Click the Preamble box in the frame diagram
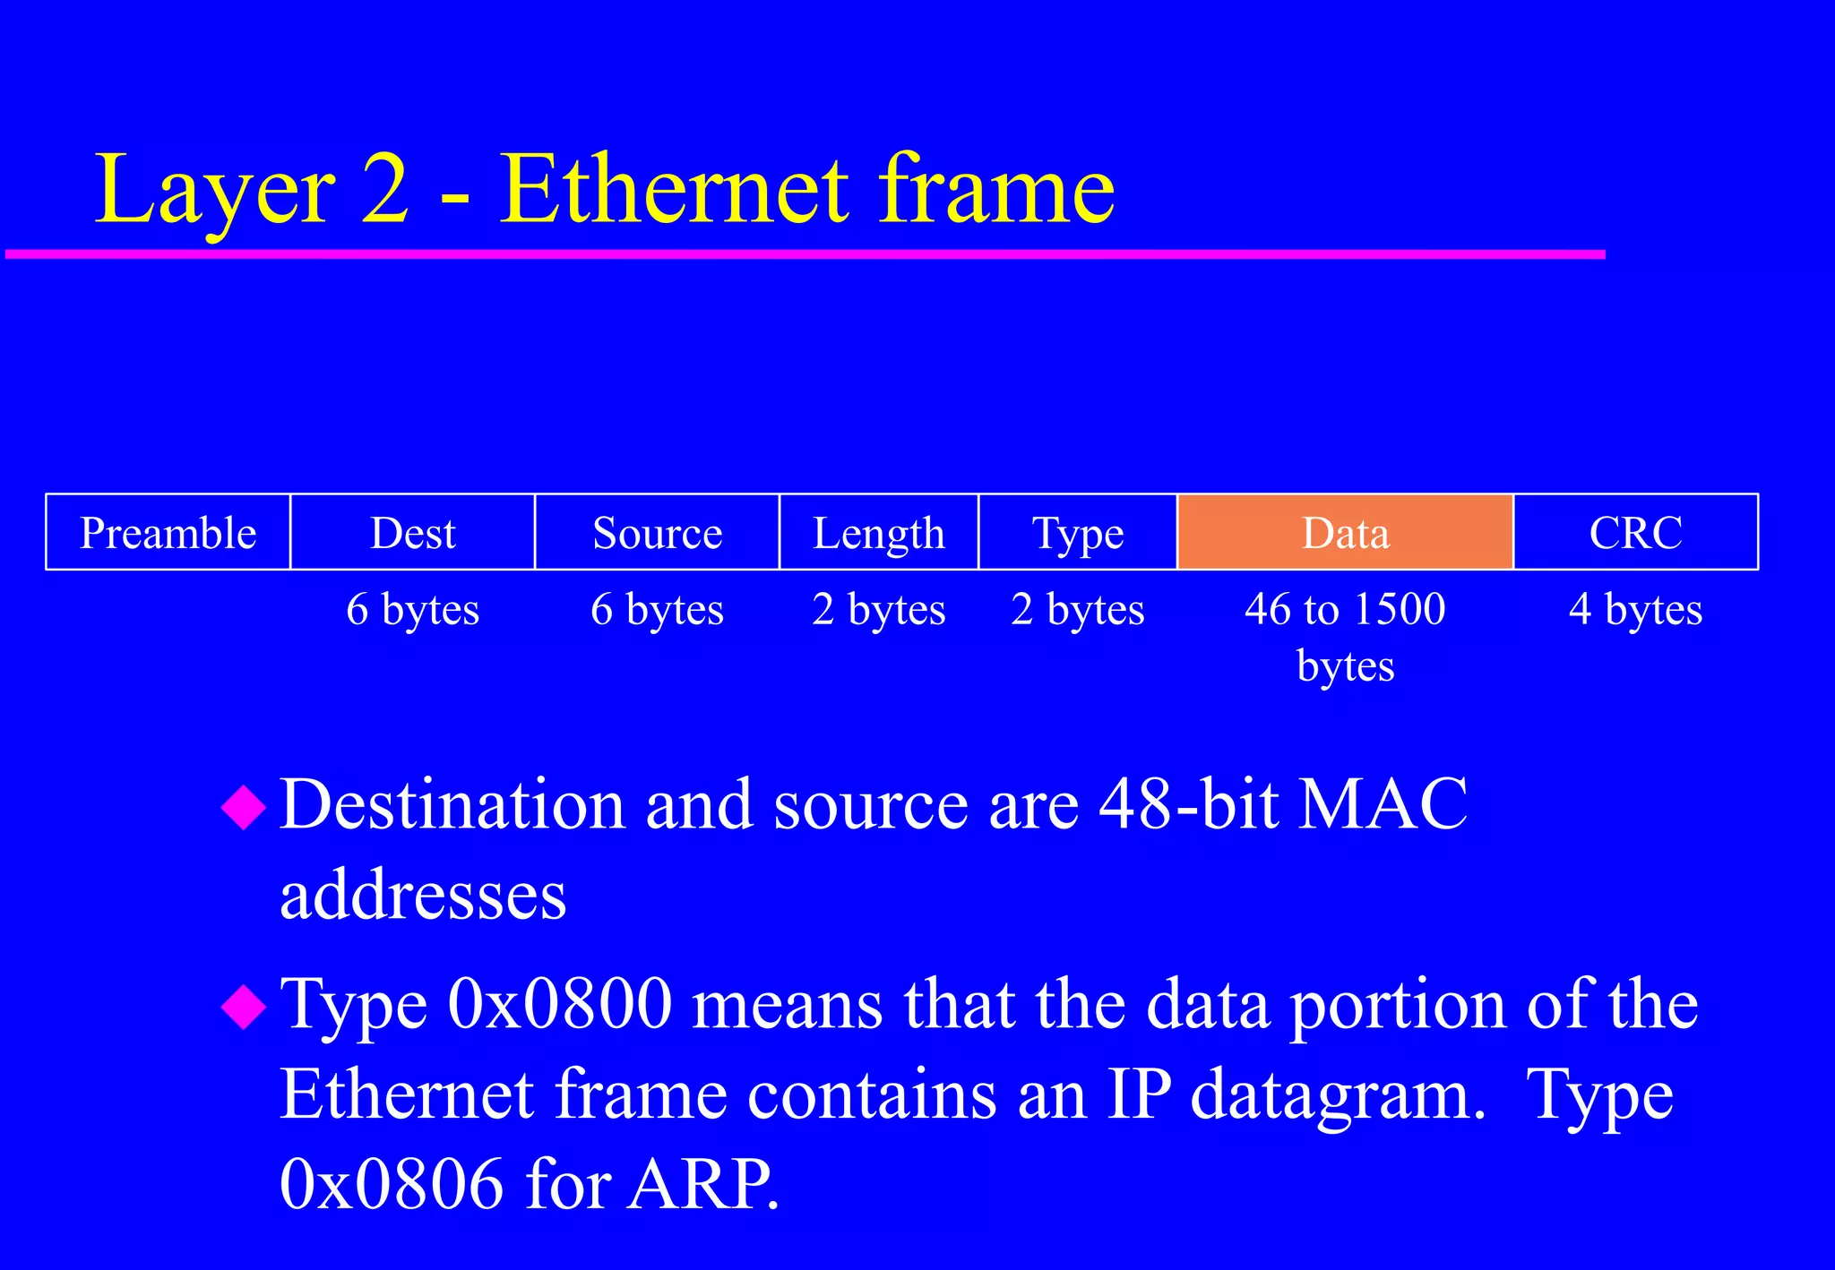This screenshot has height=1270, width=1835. pos(168,532)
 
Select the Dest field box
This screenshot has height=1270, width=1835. pos(413,532)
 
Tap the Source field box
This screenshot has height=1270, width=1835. pos(657,532)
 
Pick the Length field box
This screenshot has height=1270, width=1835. pos(879,532)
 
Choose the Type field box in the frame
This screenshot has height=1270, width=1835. pos(1078,532)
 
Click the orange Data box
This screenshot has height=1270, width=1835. pos(1345,532)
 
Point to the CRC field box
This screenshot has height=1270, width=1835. pos(1635,532)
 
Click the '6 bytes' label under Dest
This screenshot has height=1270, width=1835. pos(413,609)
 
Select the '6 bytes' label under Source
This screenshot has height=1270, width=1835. pos(657,609)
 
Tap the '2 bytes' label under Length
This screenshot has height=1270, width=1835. pos(879,609)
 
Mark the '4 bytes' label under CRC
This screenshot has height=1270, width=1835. pos(1635,609)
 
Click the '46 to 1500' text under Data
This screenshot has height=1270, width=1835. pos(1345,609)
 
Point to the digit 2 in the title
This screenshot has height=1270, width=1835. pos(386,190)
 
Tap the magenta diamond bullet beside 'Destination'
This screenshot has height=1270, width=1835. pos(244,807)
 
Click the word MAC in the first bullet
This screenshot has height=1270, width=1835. pos(1383,803)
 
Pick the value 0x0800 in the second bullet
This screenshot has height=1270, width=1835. pos(560,1004)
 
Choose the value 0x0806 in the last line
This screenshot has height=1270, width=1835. pos(392,1184)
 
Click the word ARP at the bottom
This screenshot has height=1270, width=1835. pos(702,1184)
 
